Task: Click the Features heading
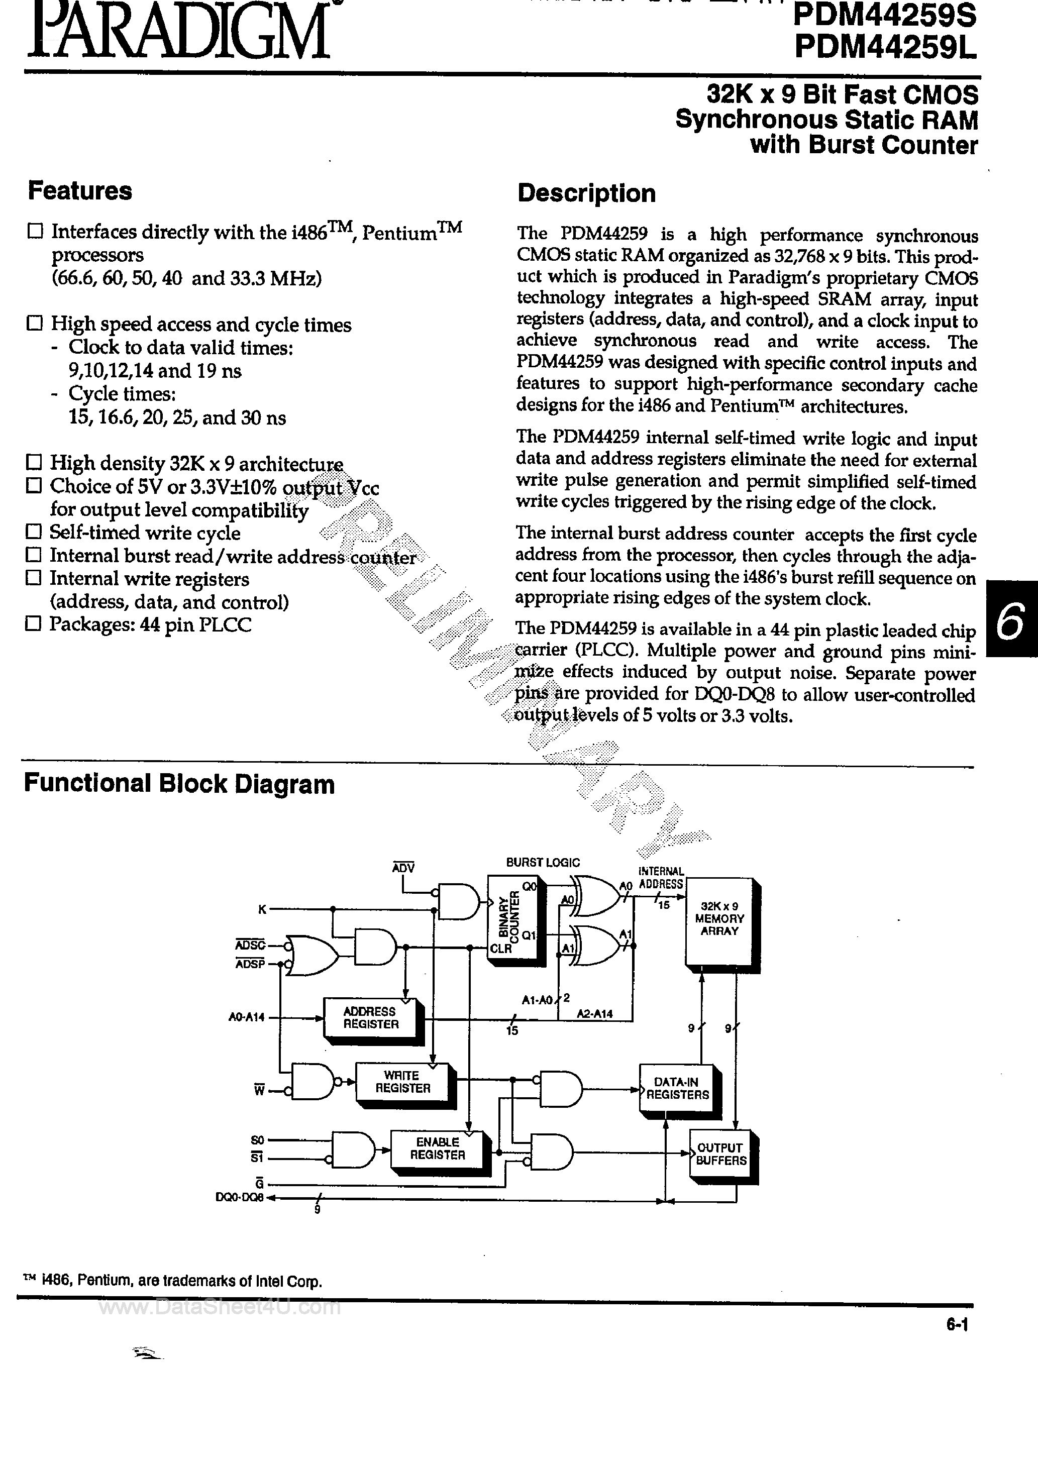(x=80, y=191)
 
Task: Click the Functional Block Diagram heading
(x=179, y=784)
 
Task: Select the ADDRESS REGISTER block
(x=371, y=1018)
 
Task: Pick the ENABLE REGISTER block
(x=437, y=1148)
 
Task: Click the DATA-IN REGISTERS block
(x=677, y=1088)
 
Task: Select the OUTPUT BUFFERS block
(x=720, y=1154)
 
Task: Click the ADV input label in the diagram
(x=403, y=868)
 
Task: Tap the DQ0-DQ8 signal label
(x=240, y=1198)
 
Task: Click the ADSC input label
(x=250, y=945)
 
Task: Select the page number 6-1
(x=957, y=1326)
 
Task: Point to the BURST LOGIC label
(x=543, y=863)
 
